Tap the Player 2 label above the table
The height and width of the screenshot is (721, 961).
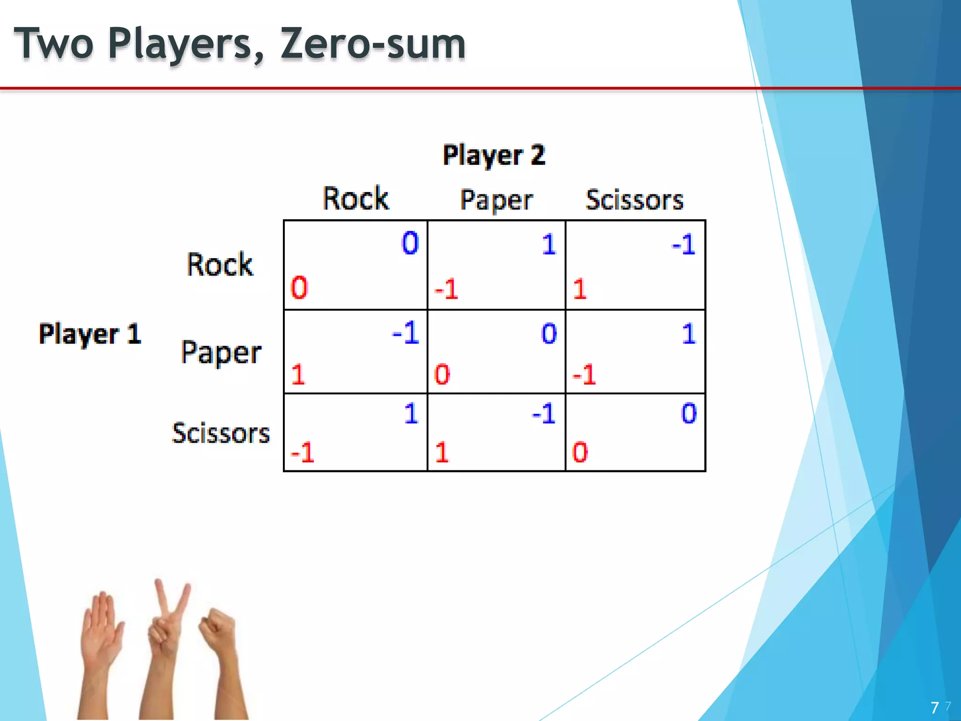pos(494,155)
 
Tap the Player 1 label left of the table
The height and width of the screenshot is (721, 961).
pos(90,334)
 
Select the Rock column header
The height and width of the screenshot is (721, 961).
pos(356,199)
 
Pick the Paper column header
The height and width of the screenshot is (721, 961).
pos(496,200)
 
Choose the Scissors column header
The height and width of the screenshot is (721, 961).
pos(634,200)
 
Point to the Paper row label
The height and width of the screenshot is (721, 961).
pos(221,352)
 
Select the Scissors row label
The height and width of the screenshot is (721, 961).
pos(221,433)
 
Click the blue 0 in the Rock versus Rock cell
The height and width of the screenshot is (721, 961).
pos(410,243)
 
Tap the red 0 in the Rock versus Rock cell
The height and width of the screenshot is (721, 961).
pos(299,288)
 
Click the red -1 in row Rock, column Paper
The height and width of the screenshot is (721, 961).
pos(446,289)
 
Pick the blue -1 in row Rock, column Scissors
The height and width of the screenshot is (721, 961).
pos(683,245)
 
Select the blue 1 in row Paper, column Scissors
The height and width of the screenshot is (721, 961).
pos(688,334)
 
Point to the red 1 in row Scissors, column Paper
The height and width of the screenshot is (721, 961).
pos(442,453)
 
